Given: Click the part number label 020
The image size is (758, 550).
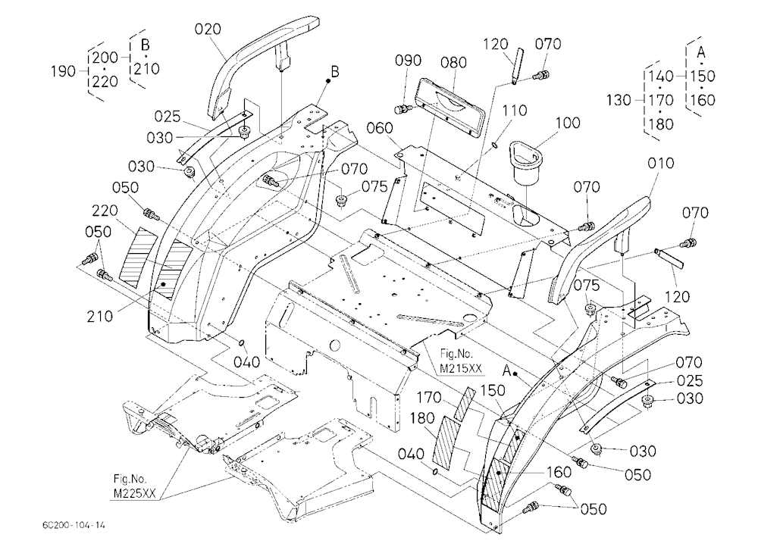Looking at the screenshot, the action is (x=208, y=29).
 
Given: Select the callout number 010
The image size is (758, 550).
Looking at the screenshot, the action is (x=660, y=164).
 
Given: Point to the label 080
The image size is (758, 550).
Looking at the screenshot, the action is (x=453, y=62).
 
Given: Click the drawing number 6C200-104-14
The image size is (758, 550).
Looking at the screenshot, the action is (x=73, y=525).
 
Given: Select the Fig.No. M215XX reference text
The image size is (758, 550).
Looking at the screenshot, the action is (x=460, y=361).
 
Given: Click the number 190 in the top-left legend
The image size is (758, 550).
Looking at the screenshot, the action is (x=64, y=71).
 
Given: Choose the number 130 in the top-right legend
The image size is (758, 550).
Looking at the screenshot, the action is (x=619, y=101).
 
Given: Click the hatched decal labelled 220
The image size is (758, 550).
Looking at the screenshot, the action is (x=138, y=255).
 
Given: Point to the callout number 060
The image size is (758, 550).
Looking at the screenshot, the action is (x=380, y=128).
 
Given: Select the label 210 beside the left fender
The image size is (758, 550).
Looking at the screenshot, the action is (x=100, y=317).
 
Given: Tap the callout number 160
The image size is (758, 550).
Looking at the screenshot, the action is (x=559, y=472).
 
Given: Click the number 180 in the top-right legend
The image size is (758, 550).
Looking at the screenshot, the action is (x=660, y=125).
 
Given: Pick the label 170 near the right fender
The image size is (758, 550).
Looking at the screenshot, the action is (x=429, y=397).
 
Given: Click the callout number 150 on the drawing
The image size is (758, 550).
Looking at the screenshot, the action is (x=493, y=390).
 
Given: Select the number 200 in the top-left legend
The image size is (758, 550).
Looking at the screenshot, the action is (x=105, y=58).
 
